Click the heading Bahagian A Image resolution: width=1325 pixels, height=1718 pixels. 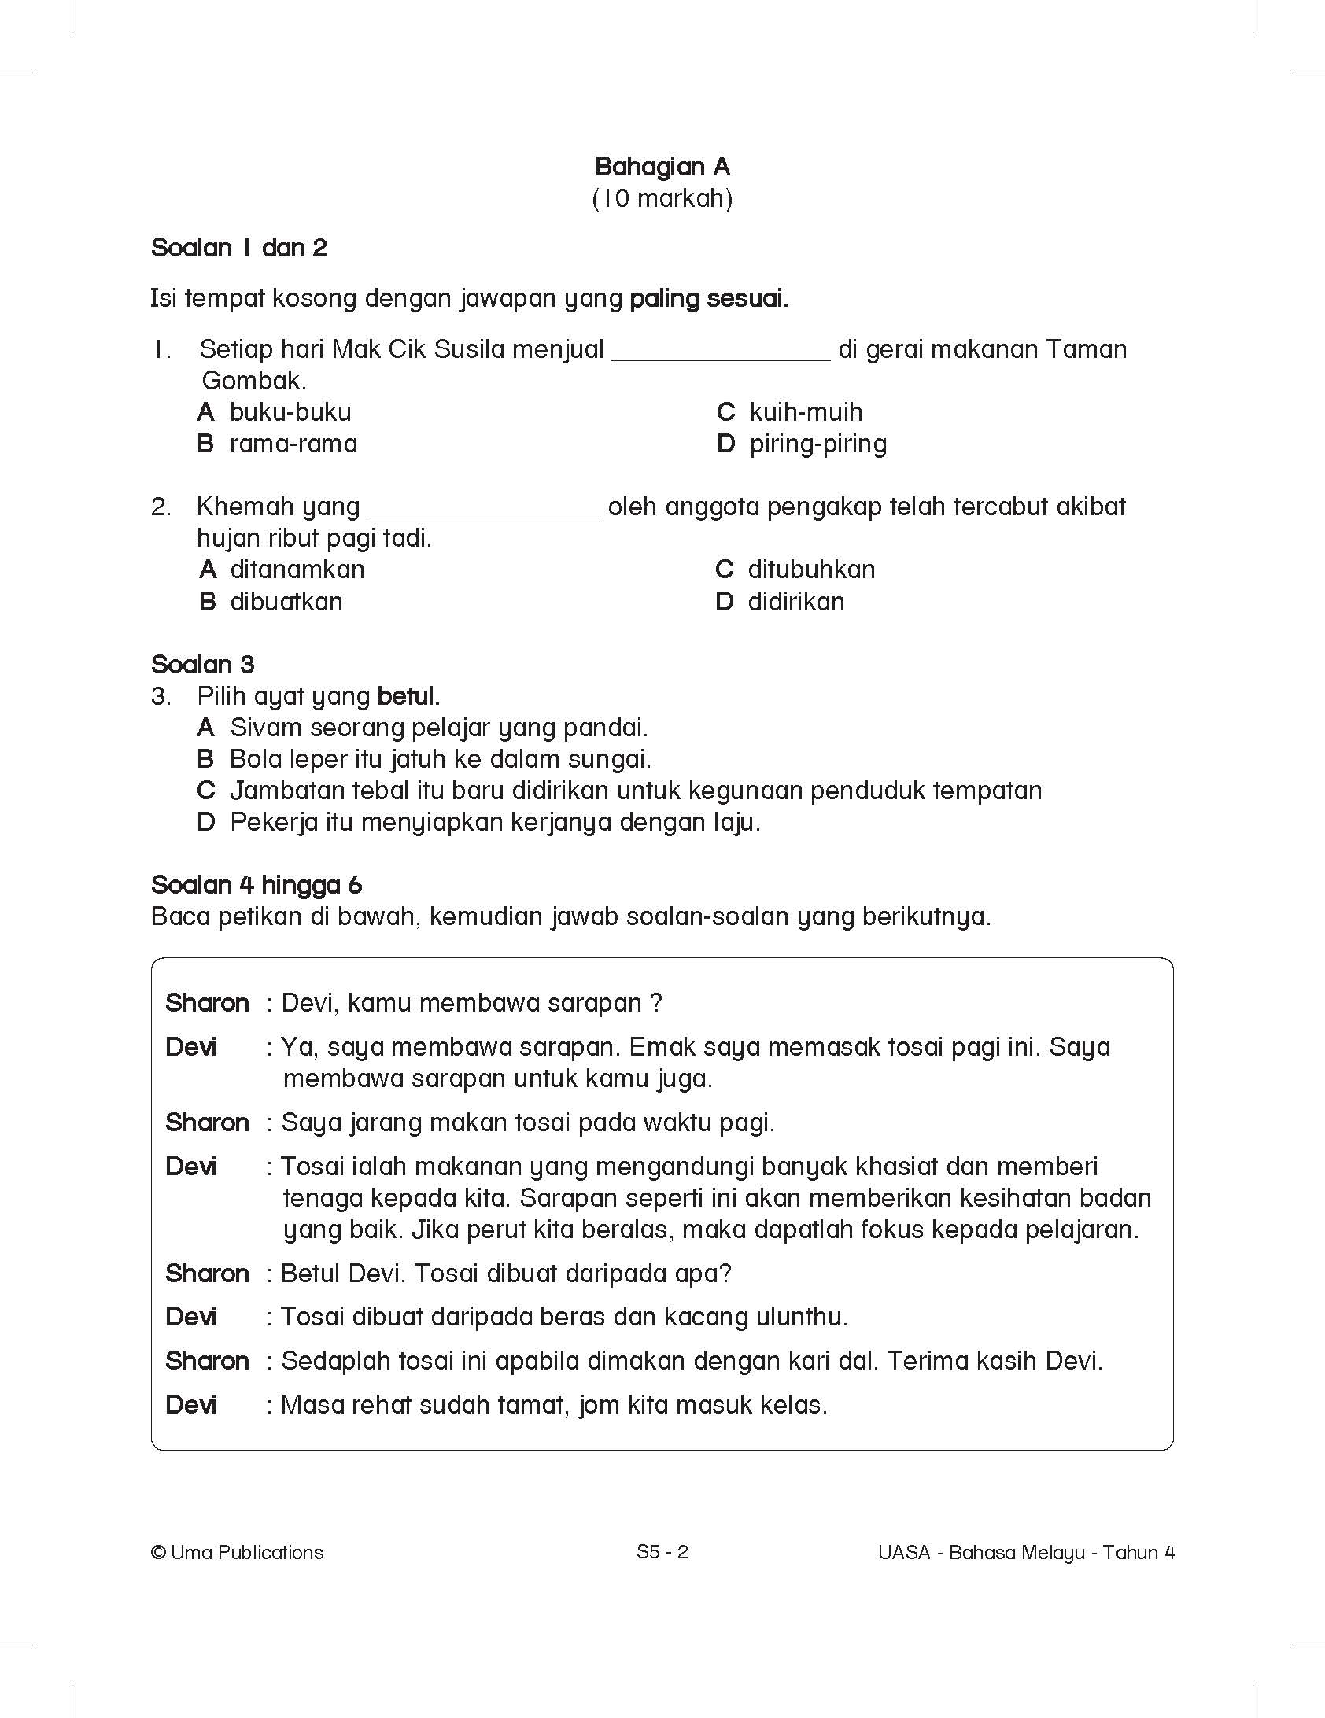click(x=662, y=167)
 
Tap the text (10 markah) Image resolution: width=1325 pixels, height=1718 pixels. click(x=662, y=198)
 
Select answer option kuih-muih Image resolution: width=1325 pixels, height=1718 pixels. click(x=805, y=412)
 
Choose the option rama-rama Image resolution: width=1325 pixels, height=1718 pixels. click(x=293, y=444)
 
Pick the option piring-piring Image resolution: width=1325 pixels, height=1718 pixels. click(x=818, y=444)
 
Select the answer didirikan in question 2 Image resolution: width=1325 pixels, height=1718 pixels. click(x=795, y=602)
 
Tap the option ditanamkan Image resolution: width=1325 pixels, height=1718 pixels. click(x=297, y=570)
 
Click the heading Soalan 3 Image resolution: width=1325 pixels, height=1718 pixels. click(x=203, y=665)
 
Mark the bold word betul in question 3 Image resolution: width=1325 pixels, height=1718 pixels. click(x=408, y=696)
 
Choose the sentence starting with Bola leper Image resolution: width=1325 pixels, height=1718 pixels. click(x=440, y=759)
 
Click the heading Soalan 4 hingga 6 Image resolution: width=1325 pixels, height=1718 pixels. click(x=257, y=885)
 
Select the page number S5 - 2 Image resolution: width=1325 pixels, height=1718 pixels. click(x=662, y=1552)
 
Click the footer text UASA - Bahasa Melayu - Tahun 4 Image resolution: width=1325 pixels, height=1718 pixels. click(x=1026, y=1552)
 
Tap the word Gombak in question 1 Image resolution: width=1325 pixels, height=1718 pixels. click(x=253, y=381)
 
